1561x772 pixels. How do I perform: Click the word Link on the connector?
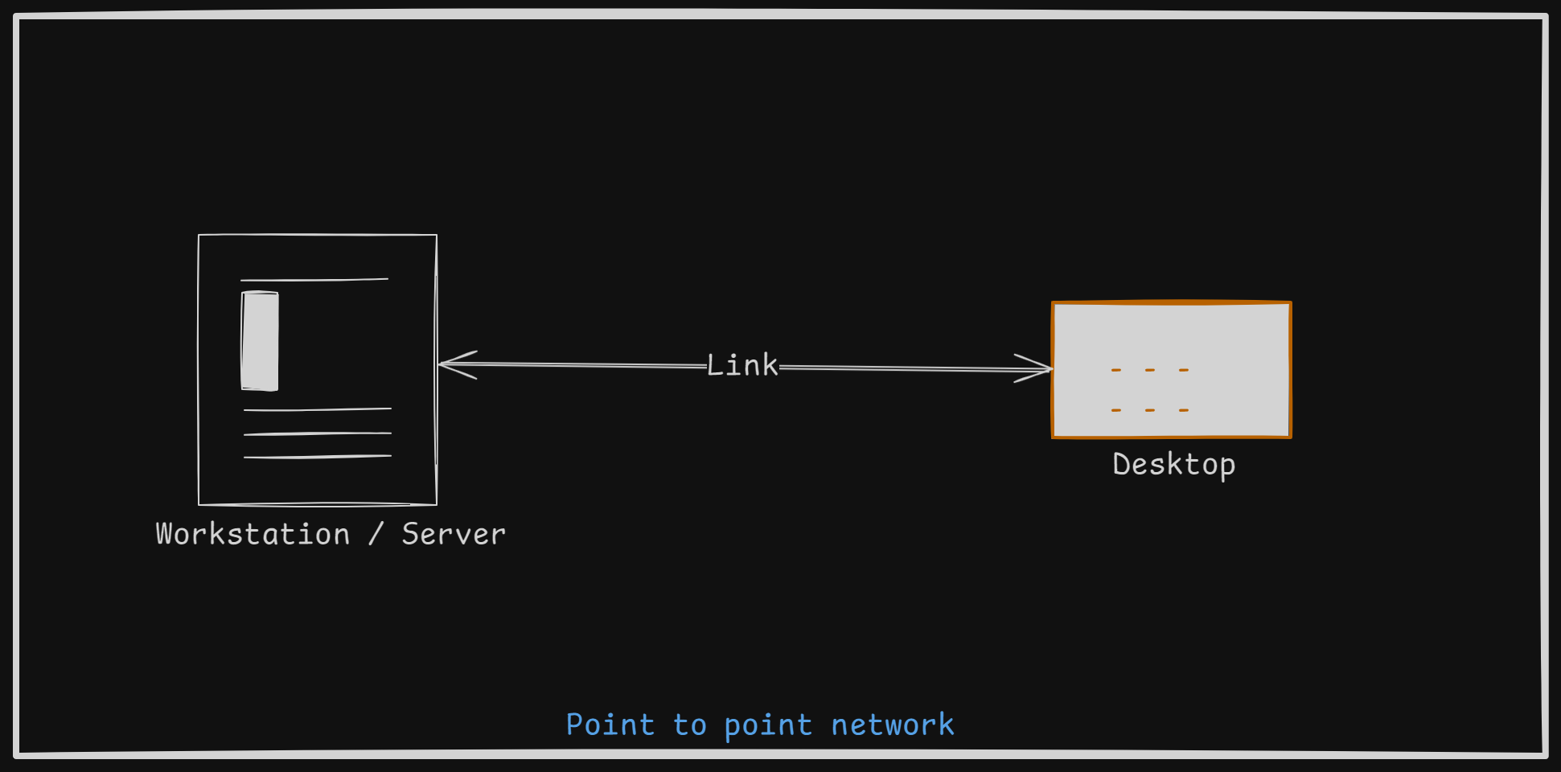[742, 366]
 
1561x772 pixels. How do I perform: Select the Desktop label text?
[1173, 465]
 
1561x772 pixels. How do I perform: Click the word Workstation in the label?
[253, 535]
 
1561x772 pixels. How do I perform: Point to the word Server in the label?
[454, 535]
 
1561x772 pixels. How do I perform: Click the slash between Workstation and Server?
[376, 535]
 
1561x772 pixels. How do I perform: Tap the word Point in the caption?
[610, 725]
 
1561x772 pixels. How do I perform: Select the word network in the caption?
[893, 725]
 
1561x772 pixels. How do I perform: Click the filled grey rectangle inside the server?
[260, 341]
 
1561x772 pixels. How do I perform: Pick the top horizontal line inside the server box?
[314, 280]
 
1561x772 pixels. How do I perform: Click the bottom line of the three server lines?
[318, 457]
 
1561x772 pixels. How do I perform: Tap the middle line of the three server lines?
[318, 433]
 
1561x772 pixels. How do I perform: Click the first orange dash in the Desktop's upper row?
[1116, 370]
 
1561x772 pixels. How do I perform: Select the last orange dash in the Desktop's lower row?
[1184, 410]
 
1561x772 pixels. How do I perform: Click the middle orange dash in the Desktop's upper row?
[1150, 370]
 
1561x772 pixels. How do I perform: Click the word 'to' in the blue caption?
[690, 725]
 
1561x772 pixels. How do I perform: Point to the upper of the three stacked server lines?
[318, 409]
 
